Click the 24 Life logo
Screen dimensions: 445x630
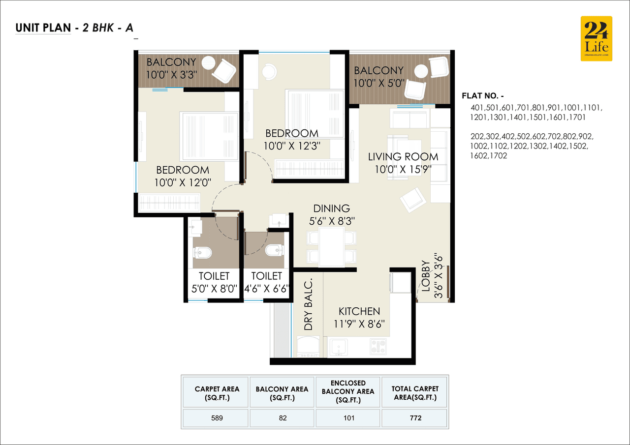coord(597,38)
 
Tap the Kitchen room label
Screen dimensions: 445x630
coord(359,311)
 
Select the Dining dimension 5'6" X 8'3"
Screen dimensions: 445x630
coord(332,222)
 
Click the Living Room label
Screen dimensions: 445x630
coord(403,157)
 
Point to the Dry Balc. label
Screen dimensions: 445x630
coord(308,305)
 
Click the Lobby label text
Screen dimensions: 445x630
coord(426,275)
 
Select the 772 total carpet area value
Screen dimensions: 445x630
coord(414,418)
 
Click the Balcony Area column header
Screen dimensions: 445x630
coord(282,393)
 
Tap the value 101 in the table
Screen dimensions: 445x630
coord(348,418)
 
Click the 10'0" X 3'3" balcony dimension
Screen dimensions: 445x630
coord(171,75)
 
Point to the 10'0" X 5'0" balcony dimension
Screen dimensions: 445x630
coord(378,83)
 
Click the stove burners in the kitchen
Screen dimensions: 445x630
coord(378,346)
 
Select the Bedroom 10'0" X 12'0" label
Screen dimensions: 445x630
coord(183,176)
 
